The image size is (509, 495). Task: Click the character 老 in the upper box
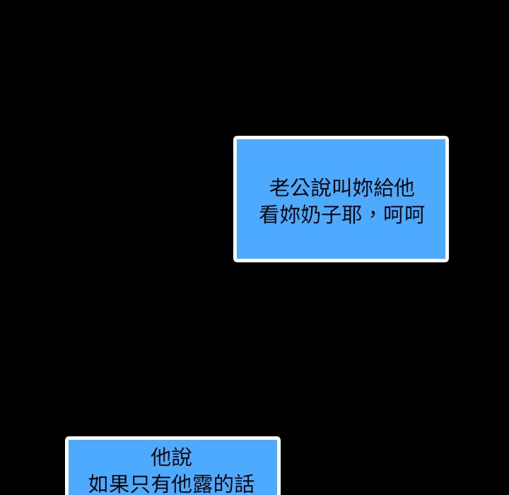[279, 187]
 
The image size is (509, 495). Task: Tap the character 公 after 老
[300, 187]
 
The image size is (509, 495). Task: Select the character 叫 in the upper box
[342, 187]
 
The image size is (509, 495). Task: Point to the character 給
[383, 187]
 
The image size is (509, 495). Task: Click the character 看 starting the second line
[269, 214]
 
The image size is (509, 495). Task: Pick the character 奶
[310, 214]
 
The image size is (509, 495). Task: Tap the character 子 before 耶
[332, 214]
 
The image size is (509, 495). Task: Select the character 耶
[352, 214]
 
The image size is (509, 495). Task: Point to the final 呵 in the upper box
[414, 214]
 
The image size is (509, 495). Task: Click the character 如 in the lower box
[98, 484]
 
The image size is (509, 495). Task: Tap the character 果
[119, 484]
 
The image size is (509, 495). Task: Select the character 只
[139, 484]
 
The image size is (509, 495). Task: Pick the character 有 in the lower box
[160, 484]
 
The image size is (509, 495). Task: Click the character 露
[202, 484]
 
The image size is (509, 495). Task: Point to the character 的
[223, 484]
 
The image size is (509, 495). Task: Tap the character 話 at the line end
[243, 484]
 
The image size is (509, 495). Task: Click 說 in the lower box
[182, 457]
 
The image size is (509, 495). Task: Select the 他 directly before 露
[181, 484]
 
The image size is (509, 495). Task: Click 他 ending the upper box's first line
[404, 187]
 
